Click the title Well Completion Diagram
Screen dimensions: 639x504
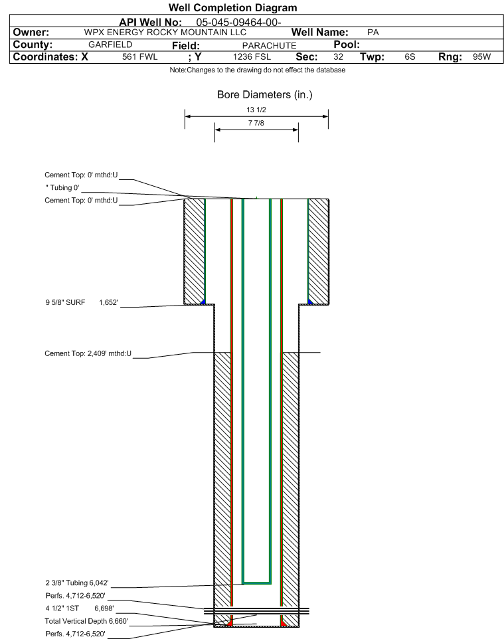click(x=232, y=8)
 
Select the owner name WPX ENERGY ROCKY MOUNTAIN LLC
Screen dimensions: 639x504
click(x=165, y=33)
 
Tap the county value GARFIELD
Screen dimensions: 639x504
click(x=110, y=45)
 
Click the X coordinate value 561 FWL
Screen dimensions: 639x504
click(x=139, y=57)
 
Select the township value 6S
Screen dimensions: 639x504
click(x=410, y=57)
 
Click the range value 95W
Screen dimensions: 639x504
click(x=481, y=57)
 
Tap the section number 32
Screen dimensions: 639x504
click(x=338, y=57)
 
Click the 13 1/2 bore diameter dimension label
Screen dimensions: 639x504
click(x=256, y=110)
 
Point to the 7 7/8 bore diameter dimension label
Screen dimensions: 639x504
click(x=256, y=124)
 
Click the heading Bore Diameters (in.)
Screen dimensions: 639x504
click(x=264, y=94)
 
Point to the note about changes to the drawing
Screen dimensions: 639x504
click(x=258, y=70)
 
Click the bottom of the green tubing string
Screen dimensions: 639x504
click(x=257, y=583)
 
